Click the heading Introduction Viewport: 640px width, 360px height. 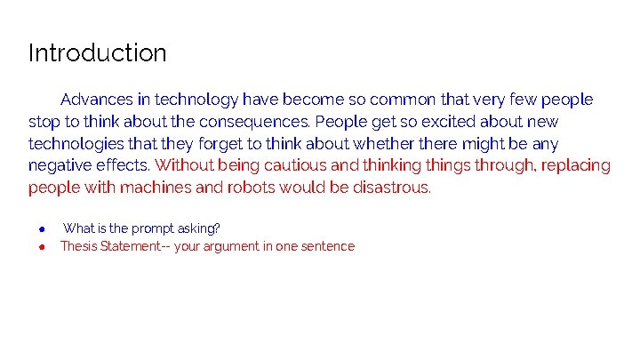pos(97,53)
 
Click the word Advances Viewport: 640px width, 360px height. pos(97,100)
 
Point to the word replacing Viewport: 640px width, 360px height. pos(575,165)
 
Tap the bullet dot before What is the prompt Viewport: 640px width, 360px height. pos(41,228)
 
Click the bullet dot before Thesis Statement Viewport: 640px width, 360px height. pos(41,246)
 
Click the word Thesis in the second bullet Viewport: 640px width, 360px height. pos(79,246)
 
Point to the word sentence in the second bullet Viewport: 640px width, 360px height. pos(328,246)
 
